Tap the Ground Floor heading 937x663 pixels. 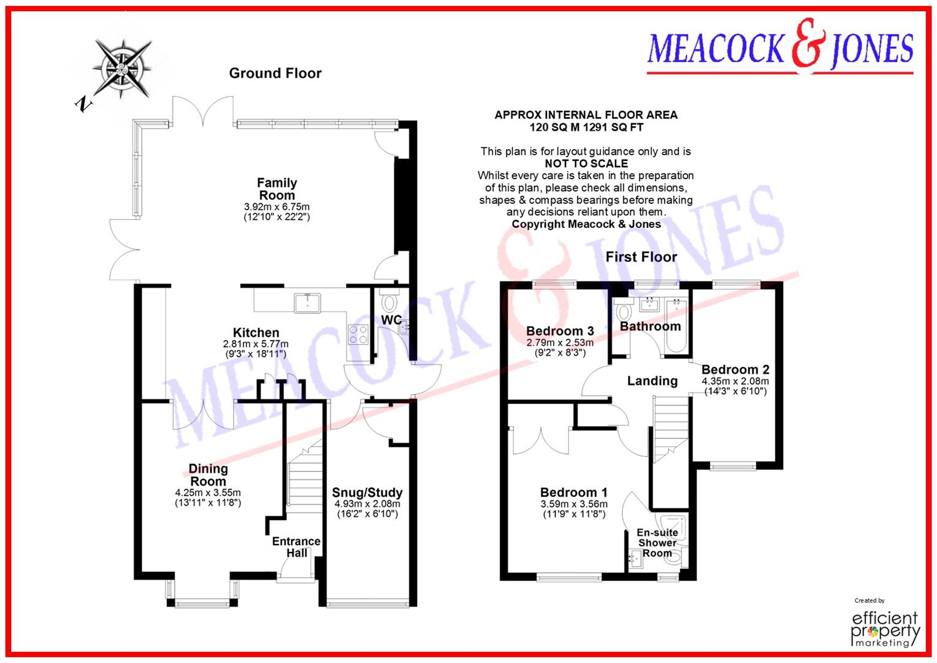275,73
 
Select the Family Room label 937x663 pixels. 277,188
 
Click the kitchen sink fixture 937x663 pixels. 306,302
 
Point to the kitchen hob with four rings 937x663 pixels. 359,334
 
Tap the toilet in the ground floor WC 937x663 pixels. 389,303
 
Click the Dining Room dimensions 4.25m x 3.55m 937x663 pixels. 208,492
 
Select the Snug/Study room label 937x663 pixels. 367,492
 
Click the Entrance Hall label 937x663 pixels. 297,546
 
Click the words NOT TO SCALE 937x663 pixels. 586,163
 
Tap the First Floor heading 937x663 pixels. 641,257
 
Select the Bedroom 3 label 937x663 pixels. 560,331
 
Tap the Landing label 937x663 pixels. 652,381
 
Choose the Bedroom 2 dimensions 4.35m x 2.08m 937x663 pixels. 735,381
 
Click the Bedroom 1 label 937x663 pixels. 573,492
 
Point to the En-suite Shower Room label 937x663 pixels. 657,543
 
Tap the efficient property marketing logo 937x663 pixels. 886,627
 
